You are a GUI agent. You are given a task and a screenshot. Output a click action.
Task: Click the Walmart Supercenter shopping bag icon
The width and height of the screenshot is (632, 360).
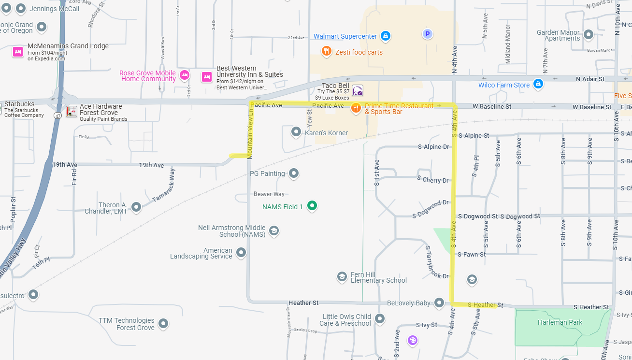[x=385, y=36]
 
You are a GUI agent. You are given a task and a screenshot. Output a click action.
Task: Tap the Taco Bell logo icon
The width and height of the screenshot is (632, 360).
[x=357, y=90]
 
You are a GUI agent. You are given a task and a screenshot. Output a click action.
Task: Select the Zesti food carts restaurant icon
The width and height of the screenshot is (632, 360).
[x=327, y=51]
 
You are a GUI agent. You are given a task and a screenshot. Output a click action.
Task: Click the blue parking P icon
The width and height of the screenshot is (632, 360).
[x=427, y=34]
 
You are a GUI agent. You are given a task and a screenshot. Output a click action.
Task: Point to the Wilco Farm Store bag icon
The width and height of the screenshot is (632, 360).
[x=538, y=84]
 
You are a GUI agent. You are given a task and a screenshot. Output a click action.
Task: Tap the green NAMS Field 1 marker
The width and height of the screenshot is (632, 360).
[x=312, y=206]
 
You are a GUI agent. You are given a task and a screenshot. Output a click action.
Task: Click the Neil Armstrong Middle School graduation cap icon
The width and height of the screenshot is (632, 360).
[x=274, y=230]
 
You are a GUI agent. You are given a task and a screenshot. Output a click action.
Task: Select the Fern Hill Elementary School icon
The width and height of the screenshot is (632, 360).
[x=342, y=277]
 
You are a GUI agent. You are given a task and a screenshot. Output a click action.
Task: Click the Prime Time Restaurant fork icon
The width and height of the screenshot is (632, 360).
[x=356, y=108]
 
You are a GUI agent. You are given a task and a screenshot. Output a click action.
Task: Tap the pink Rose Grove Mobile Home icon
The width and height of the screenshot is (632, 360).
[x=184, y=75]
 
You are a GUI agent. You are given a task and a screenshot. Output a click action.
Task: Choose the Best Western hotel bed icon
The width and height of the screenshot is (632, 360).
[x=207, y=77]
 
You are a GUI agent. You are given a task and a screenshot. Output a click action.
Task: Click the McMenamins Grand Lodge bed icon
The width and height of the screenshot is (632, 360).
[x=18, y=52]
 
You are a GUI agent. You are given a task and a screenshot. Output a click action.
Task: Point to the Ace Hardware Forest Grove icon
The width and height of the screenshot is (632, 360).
[x=72, y=112]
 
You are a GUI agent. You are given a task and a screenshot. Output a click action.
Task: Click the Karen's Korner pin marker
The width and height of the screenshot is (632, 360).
[x=296, y=132]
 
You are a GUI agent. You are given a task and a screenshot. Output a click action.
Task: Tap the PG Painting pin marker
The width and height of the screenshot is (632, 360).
[x=293, y=173]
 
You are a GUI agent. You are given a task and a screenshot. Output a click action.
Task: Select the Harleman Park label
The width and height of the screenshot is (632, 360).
[x=560, y=322]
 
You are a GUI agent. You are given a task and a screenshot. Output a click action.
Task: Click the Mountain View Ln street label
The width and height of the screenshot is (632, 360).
[x=250, y=132]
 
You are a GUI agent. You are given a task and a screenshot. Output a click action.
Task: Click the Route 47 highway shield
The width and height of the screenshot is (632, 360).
[x=58, y=115]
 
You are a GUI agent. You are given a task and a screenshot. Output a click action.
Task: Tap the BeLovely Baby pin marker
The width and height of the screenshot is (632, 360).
[x=439, y=302]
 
